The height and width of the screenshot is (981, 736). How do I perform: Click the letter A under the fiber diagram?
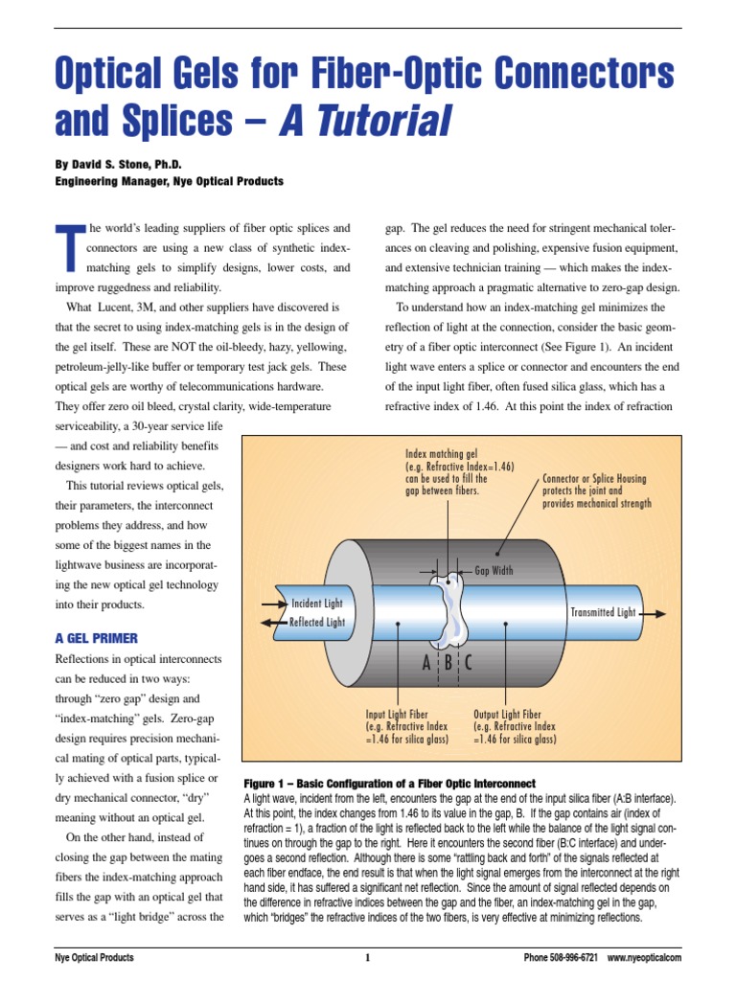(426, 663)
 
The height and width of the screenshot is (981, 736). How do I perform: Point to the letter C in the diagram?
(468, 663)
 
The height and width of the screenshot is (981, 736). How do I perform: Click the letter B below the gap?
(448, 663)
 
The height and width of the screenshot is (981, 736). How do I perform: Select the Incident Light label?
(316, 604)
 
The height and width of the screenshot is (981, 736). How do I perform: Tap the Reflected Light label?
(316, 622)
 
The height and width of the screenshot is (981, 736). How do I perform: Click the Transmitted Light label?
(603, 612)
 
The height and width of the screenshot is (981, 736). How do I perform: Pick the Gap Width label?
(494, 570)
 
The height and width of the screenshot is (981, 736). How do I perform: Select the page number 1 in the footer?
(367, 957)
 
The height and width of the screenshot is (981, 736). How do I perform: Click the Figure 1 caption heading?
(389, 784)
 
